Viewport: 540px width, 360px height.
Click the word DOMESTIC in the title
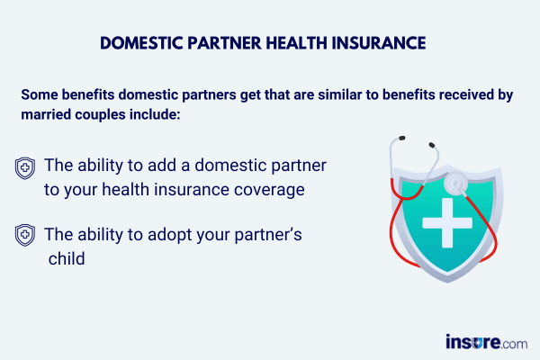click(x=141, y=43)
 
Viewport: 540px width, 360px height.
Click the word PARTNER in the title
click(x=224, y=43)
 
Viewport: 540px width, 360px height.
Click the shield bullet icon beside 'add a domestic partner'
click(x=25, y=168)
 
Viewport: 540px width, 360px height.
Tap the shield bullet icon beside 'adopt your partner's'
click(x=25, y=235)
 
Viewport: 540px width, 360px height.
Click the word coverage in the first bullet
click(x=269, y=190)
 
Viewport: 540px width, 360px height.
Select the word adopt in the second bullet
click(x=169, y=235)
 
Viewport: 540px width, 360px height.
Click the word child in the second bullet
click(x=67, y=258)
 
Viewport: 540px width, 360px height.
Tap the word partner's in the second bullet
click(x=268, y=235)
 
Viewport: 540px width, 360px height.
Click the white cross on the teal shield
click(x=447, y=223)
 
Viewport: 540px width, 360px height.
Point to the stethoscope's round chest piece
click(x=455, y=183)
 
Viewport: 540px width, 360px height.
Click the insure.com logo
click(x=486, y=342)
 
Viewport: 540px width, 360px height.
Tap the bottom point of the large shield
click(x=447, y=283)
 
